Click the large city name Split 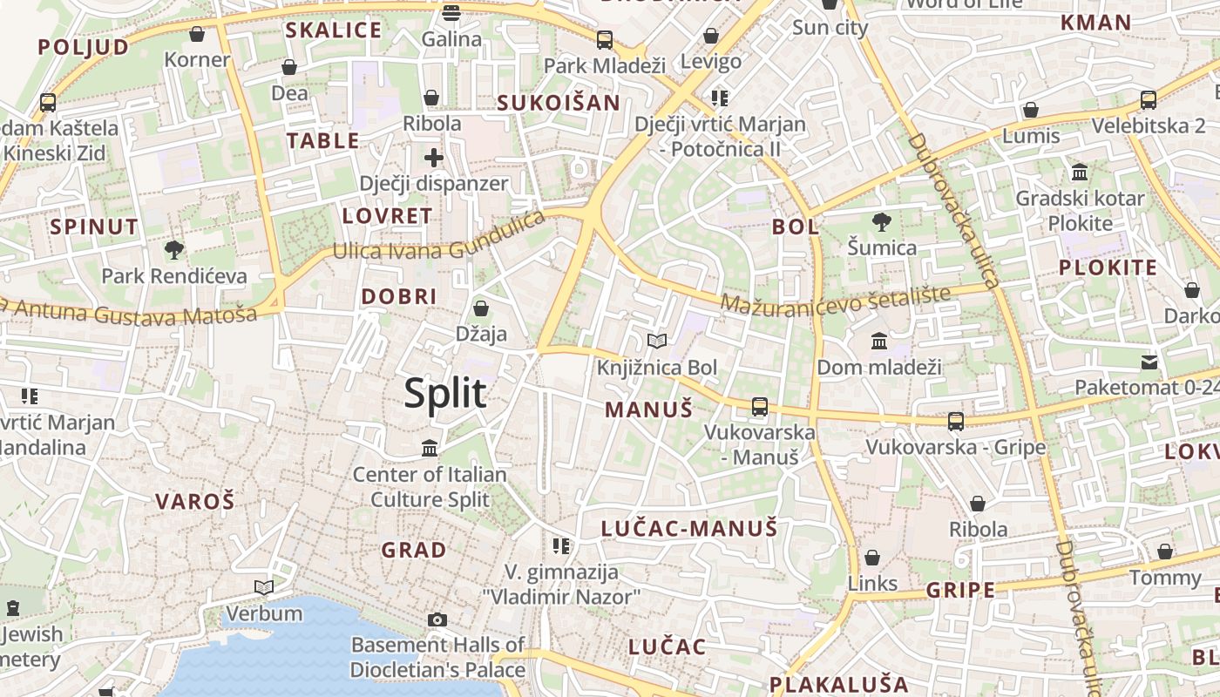click(444, 394)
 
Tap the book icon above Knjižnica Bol click(657, 341)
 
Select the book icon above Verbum click(264, 587)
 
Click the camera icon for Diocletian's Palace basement click(437, 619)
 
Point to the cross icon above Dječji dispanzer click(433, 158)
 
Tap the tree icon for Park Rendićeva click(174, 250)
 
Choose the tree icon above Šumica click(882, 221)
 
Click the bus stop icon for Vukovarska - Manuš click(760, 406)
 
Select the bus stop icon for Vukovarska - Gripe click(956, 422)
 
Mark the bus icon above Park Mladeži click(605, 39)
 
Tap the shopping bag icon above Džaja click(480, 308)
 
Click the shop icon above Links click(872, 558)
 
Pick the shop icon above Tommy click(1165, 552)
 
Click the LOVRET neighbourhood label click(387, 216)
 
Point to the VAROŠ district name click(195, 501)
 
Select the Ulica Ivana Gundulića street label click(439, 240)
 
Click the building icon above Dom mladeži click(878, 341)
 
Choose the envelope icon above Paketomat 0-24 click(1149, 362)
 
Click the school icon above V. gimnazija click(561, 546)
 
